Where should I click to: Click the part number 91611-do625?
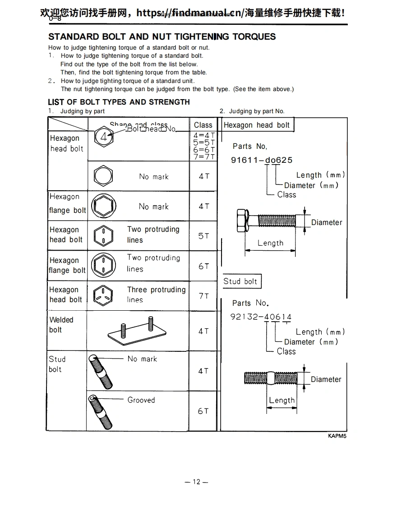[x=262, y=160]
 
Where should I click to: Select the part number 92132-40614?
[x=261, y=317]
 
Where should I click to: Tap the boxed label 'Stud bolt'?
[x=240, y=281]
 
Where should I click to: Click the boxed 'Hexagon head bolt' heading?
[x=256, y=125]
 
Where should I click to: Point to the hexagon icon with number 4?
[x=104, y=137]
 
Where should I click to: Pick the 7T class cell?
[x=203, y=296]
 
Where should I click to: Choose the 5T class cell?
[x=203, y=236]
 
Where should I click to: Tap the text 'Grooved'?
[x=141, y=400]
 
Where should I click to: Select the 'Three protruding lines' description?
[x=156, y=294]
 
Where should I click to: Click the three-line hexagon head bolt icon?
[x=103, y=296]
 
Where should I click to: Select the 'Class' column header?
[x=203, y=125]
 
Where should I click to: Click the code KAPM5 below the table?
[x=337, y=436]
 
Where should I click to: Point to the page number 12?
[x=196, y=482]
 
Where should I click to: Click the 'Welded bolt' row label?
[x=61, y=325]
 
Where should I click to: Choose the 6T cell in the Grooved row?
[x=203, y=411]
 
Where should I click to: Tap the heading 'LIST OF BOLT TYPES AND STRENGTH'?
[x=119, y=102]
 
